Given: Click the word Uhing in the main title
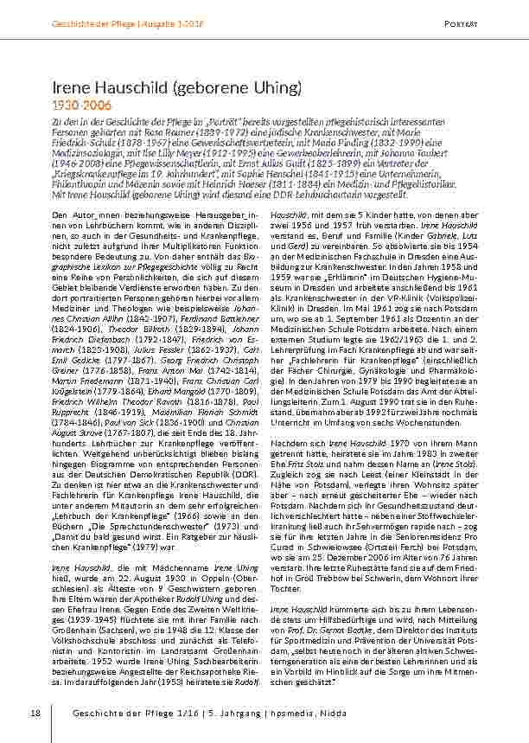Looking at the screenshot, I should point(275,88).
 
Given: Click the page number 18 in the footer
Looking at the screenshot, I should point(35,713).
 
